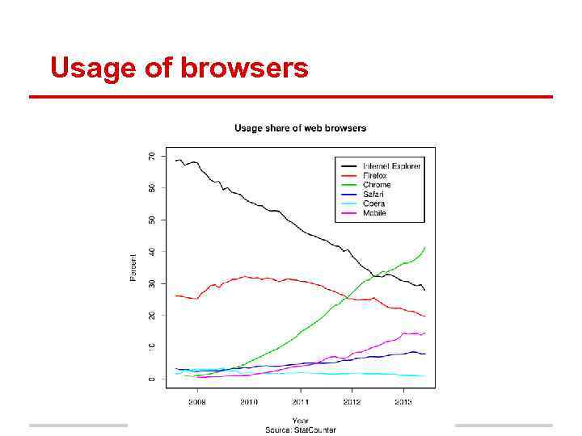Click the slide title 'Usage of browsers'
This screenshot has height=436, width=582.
179,68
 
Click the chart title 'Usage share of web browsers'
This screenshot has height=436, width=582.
300,128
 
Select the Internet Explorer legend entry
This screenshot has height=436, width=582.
392,166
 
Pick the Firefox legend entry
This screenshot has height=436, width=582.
375,176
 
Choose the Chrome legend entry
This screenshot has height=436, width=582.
377,185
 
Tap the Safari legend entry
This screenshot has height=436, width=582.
373,195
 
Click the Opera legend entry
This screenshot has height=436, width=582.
373,203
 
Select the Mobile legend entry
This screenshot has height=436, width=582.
374,213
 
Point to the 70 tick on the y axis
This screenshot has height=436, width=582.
151,156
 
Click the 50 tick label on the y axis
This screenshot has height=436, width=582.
151,220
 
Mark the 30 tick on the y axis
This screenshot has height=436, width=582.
151,283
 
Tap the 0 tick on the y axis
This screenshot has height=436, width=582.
151,379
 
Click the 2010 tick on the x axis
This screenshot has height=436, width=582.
248,401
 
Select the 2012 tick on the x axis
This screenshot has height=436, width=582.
352,401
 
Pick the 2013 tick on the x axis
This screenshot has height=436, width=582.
403,401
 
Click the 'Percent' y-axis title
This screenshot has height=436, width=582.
133,266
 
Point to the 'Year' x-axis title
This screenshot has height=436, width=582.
300,420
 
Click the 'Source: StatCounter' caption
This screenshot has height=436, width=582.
300,430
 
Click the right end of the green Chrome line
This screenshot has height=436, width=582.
425,247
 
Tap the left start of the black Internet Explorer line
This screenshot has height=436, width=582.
175,161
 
